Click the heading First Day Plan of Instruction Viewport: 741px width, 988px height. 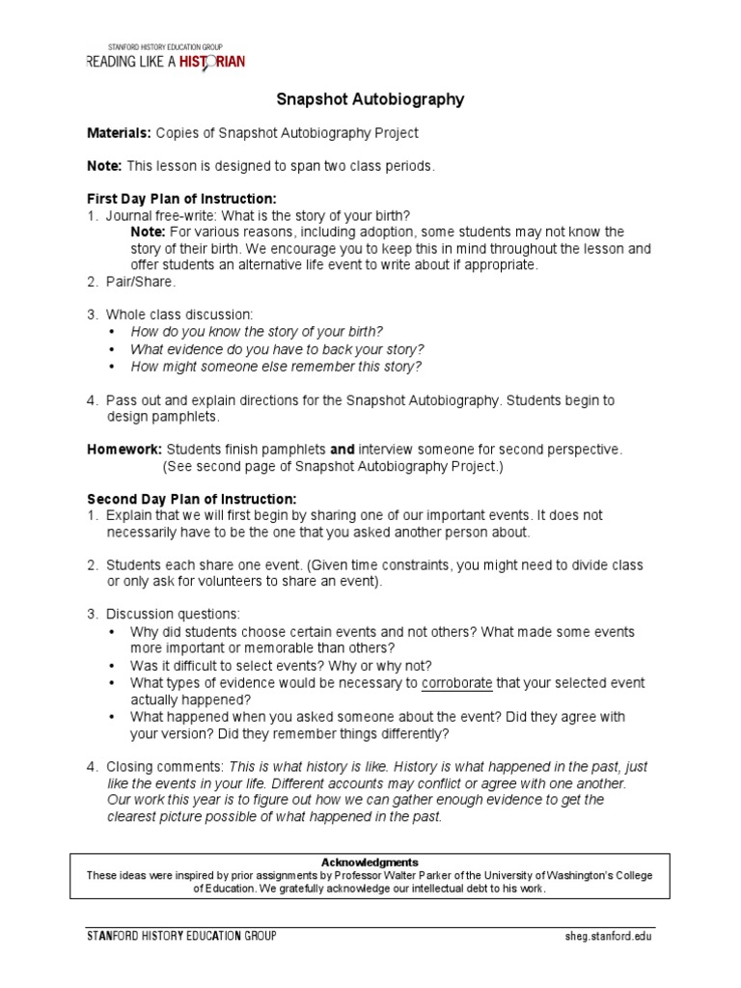[182, 199]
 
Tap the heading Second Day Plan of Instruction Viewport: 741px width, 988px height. [192, 499]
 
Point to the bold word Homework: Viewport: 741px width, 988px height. [124, 449]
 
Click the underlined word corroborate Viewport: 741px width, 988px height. [456, 683]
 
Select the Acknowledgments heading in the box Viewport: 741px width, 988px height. [370, 862]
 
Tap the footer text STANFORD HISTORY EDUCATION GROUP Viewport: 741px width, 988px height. [181, 936]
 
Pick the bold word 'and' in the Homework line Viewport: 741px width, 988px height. [343, 449]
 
